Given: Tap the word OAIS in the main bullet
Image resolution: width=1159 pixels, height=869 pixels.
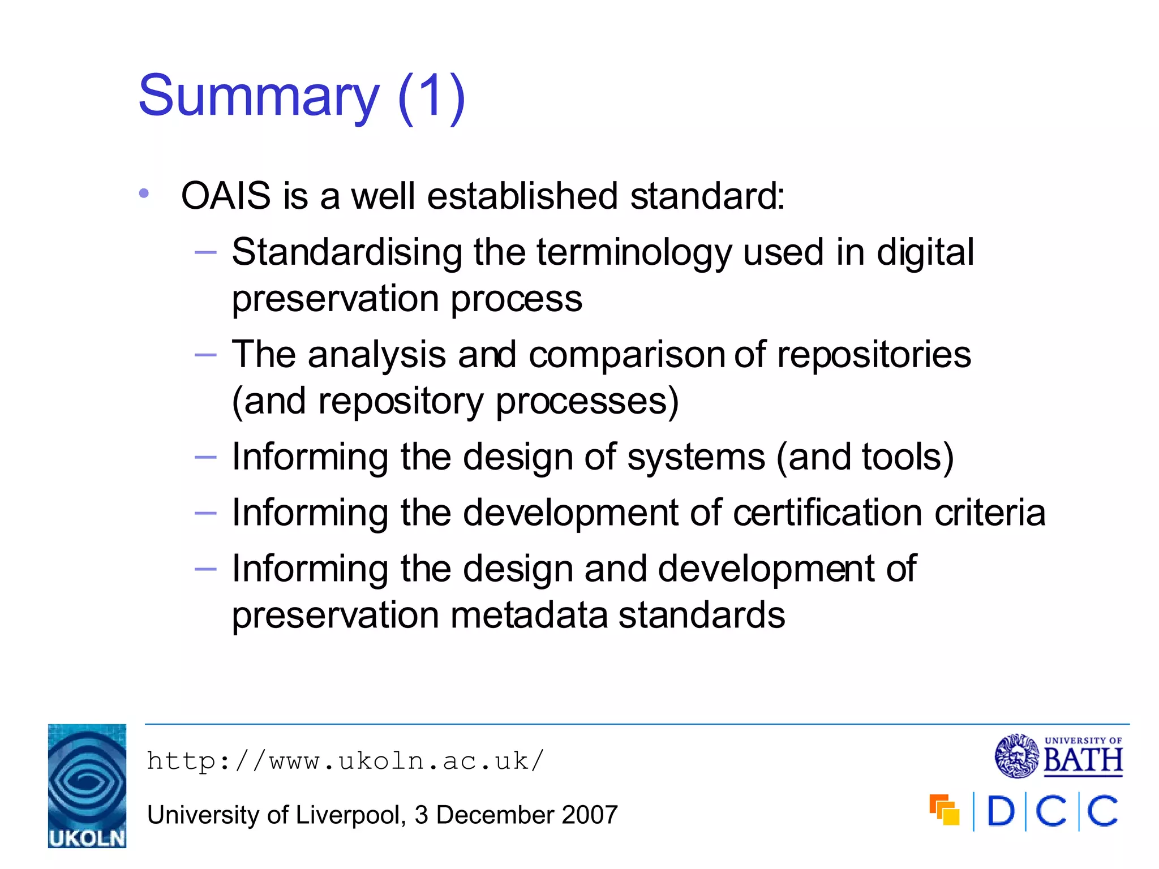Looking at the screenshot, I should pos(226,196).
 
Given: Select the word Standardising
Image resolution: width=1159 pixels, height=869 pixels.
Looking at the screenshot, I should pos(346,252).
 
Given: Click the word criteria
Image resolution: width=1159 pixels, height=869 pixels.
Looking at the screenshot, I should pos(990,513).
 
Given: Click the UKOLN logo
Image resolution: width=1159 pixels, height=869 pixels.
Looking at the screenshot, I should pos(87,786).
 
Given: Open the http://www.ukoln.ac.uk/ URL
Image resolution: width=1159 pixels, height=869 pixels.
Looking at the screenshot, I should pos(345,761).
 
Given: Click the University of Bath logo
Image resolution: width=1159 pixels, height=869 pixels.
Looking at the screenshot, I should pos(1058,755).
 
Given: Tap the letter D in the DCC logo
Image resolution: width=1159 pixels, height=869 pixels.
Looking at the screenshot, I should pos(1001,811).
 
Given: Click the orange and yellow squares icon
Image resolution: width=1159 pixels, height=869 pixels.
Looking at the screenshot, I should pos(944,810).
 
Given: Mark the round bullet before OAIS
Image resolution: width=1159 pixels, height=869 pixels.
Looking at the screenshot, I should pos(144,194).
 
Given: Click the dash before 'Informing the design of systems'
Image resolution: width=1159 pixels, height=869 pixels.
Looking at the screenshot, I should pos(205,457).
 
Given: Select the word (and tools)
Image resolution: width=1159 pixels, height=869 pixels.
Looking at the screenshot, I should pos(865,457).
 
